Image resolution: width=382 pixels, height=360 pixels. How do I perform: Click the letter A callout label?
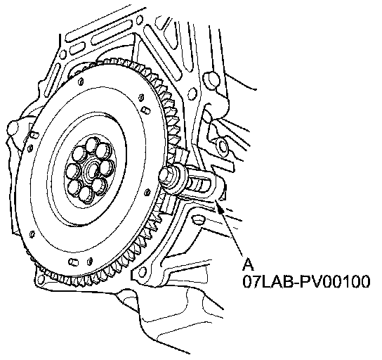[x=249, y=264]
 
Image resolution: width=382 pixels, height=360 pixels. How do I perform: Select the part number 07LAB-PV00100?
[x=306, y=282]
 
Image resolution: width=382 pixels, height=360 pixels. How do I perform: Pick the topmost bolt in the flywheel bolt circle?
[x=92, y=144]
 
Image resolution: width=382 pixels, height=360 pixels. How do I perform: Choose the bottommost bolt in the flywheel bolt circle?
[x=85, y=195]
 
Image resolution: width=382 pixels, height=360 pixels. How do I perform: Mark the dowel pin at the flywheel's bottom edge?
[x=73, y=262]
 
